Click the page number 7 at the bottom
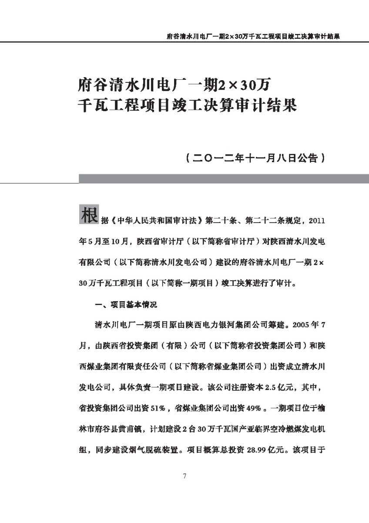tap(185, 475)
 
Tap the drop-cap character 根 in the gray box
tap(89, 214)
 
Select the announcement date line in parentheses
tap(255, 157)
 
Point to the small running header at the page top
tap(253, 37)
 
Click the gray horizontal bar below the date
tap(224, 179)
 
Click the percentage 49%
tap(254, 408)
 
